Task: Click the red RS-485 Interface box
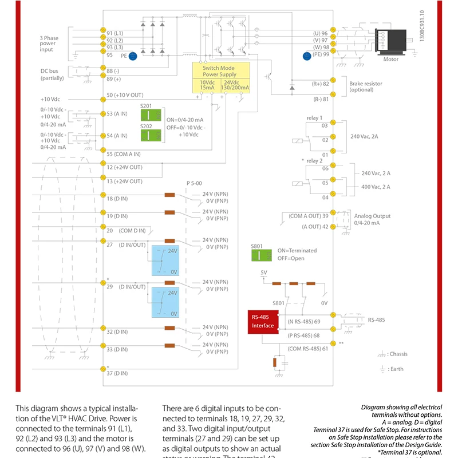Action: coord(263,321)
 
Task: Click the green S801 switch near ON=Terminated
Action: coord(262,254)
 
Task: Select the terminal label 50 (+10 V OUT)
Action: coord(125,95)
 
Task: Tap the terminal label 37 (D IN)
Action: coord(117,373)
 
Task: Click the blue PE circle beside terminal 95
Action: coord(132,56)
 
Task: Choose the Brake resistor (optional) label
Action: coord(365,87)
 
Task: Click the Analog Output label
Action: coord(372,216)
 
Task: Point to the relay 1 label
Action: coord(315,117)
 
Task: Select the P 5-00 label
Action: coord(195,183)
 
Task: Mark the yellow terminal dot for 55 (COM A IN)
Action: coord(102,153)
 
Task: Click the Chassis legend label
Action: coord(397,354)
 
